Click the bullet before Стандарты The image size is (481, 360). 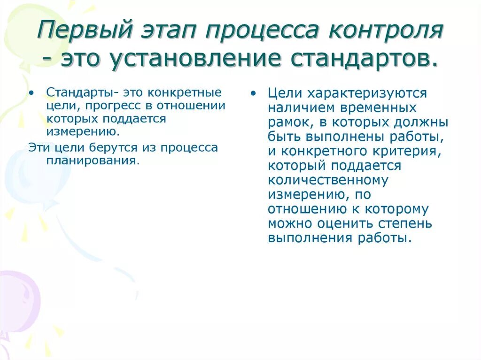pos(31,92)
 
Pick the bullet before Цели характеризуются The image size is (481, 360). pos(254,93)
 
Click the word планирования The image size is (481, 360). pos(93,161)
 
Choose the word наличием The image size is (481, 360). pos(299,108)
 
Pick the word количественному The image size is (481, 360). pos(328,181)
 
